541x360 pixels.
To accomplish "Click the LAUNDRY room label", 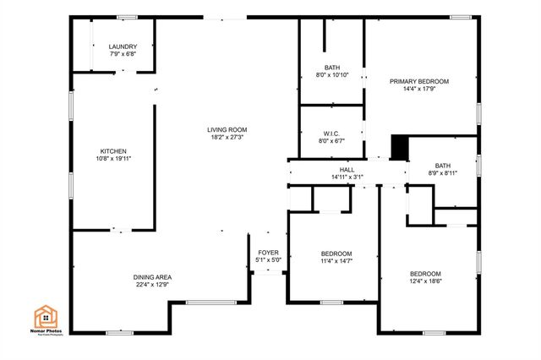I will (x=123, y=46).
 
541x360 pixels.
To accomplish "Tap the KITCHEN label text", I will (x=112, y=151).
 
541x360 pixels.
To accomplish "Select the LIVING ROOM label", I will (x=227, y=129).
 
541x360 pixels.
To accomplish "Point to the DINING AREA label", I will (x=152, y=277).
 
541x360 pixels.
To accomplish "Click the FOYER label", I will (x=268, y=252).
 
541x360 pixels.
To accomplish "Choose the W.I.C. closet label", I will (x=331, y=134).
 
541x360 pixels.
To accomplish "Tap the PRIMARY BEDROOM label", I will (x=418, y=81).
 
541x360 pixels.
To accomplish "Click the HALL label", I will (x=347, y=170).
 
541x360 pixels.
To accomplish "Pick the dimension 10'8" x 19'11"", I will (x=112, y=159).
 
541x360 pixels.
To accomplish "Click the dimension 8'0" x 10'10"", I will (x=332, y=75).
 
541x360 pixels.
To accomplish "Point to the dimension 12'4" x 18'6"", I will (x=425, y=281).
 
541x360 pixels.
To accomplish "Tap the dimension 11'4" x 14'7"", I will (x=336, y=261).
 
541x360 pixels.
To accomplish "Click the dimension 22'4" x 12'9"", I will (x=152, y=285).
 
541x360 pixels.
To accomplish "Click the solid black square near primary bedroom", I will (x=399, y=147).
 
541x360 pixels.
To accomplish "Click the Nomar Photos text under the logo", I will (x=47, y=331).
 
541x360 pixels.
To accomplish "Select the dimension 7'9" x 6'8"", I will (x=123, y=54).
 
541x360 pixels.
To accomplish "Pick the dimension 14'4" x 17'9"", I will (x=418, y=89).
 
